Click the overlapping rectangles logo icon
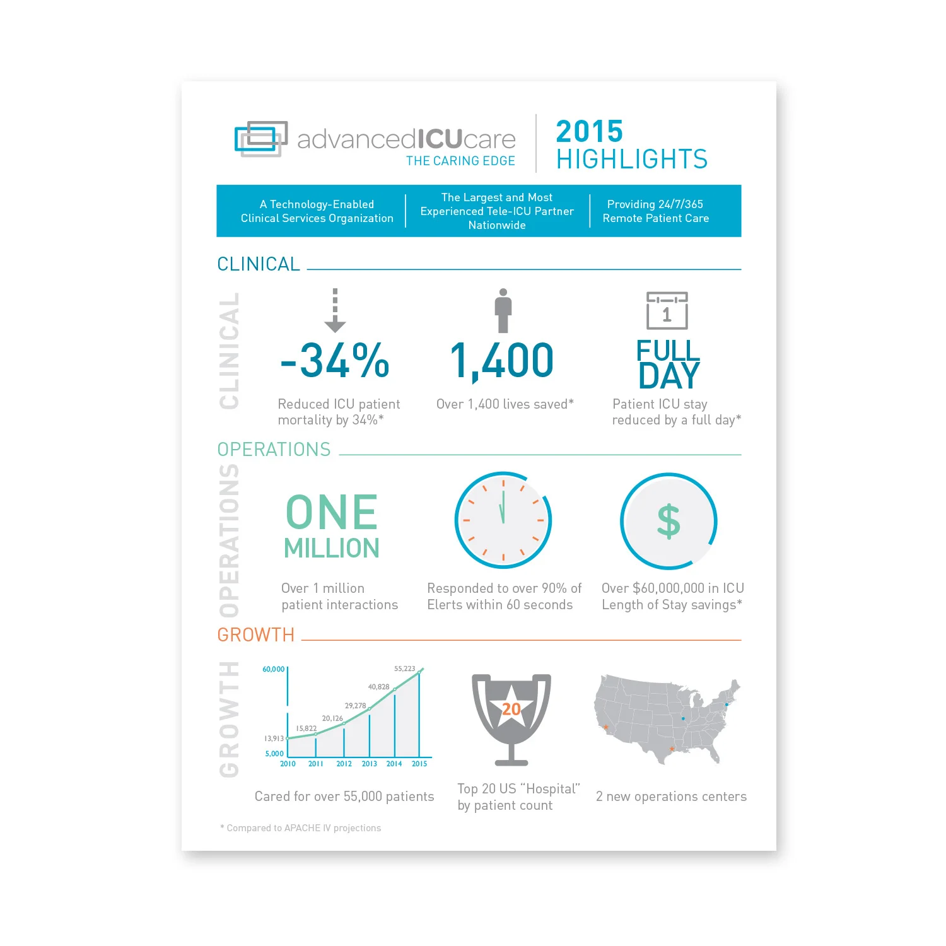pos(260,139)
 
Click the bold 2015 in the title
pos(589,132)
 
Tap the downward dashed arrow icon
pos(335,310)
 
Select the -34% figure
pos(335,361)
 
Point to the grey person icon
pos(503,310)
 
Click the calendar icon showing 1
pos(667,310)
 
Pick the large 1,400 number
pos(502,361)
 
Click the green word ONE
pos(332,512)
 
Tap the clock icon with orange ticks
pos(503,520)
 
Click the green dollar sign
pos(669,521)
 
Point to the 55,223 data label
pos(404,669)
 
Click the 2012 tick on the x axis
pos(344,764)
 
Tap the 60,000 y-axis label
pos(273,669)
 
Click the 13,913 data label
pos(274,739)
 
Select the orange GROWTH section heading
pos(256,635)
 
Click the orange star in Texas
pos(672,749)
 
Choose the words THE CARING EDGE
pos(460,161)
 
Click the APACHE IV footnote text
pos(301,828)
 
